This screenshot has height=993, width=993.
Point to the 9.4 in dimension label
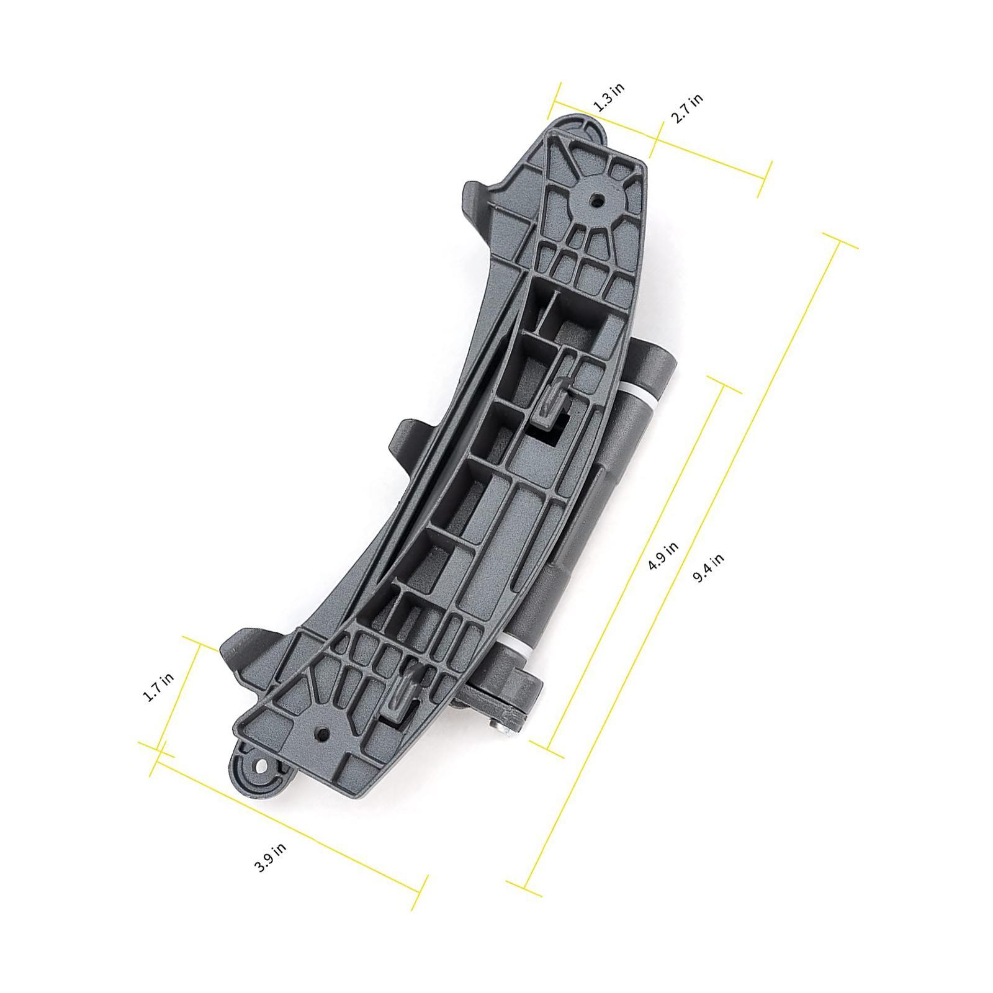tap(708, 567)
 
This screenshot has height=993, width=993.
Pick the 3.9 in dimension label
tap(271, 858)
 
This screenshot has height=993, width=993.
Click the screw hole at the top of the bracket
tap(597, 200)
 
